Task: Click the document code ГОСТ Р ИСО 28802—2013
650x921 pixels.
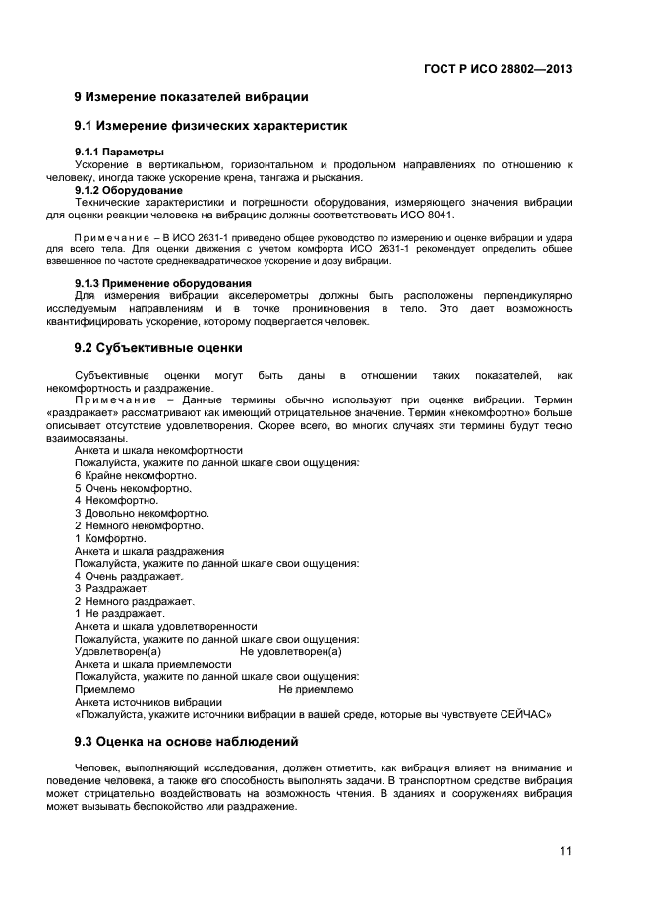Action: [498, 69]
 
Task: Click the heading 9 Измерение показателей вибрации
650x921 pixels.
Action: [192, 97]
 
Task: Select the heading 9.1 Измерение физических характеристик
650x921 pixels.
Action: [211, 126]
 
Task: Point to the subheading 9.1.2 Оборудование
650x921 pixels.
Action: [128, 190]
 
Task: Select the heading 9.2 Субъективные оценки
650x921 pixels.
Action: [158, 348]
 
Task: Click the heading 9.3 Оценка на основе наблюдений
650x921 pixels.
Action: [186, 741]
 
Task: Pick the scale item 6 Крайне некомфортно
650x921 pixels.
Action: [135, 475]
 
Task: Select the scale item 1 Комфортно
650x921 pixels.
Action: [110, 538]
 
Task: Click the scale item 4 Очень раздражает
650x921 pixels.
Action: [129, 576]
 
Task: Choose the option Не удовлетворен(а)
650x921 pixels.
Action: [291, 651]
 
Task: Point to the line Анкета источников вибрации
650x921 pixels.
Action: [148, 703]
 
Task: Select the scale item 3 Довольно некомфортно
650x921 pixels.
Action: [142, 513]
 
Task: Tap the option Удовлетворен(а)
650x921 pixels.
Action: [118, 651]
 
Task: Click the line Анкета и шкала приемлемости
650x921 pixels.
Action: [153, 664]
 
